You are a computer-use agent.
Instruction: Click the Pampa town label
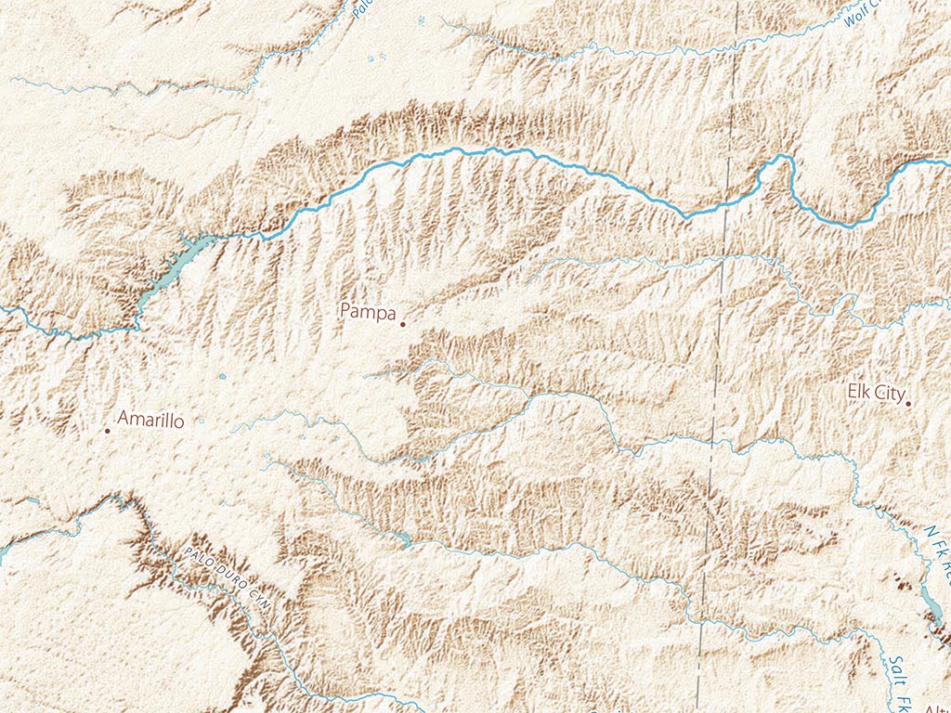point(368,310)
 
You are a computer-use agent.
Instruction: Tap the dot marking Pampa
point(402,324)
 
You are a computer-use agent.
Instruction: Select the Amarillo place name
point(150,421)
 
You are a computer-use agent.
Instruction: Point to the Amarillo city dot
point(108,430)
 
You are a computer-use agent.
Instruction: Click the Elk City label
point(875,393)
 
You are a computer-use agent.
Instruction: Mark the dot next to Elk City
point(908,403)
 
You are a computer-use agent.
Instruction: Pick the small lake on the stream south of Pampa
point(402,539)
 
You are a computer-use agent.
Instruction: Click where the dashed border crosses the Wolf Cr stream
point(736,43)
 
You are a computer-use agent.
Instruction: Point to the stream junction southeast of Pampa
point(530,400)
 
